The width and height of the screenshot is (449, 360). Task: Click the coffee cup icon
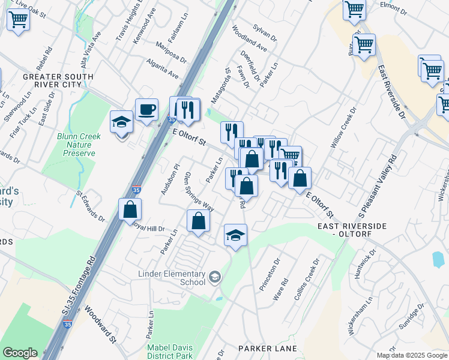[146, 110]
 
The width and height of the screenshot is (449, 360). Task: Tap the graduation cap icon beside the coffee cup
[122, 122]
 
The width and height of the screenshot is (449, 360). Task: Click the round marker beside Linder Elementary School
[215, 277]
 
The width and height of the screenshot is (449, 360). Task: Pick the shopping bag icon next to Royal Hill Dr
[130, 210]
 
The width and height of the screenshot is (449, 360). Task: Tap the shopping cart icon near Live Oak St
[18, 19]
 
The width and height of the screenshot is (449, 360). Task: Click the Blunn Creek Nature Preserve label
[79, 145]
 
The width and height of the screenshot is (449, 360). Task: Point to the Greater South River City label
[58, 82]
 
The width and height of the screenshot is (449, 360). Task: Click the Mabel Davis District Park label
[170, 352]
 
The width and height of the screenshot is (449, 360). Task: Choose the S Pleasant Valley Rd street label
[378, 186]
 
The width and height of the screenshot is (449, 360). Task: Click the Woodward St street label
[100, 325]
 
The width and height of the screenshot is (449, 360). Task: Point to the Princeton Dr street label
[269, 275]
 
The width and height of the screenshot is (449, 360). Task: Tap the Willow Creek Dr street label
[343, 128]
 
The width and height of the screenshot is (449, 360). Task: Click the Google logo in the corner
[20, 353]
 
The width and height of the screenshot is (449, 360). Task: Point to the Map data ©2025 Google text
[411, 355]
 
